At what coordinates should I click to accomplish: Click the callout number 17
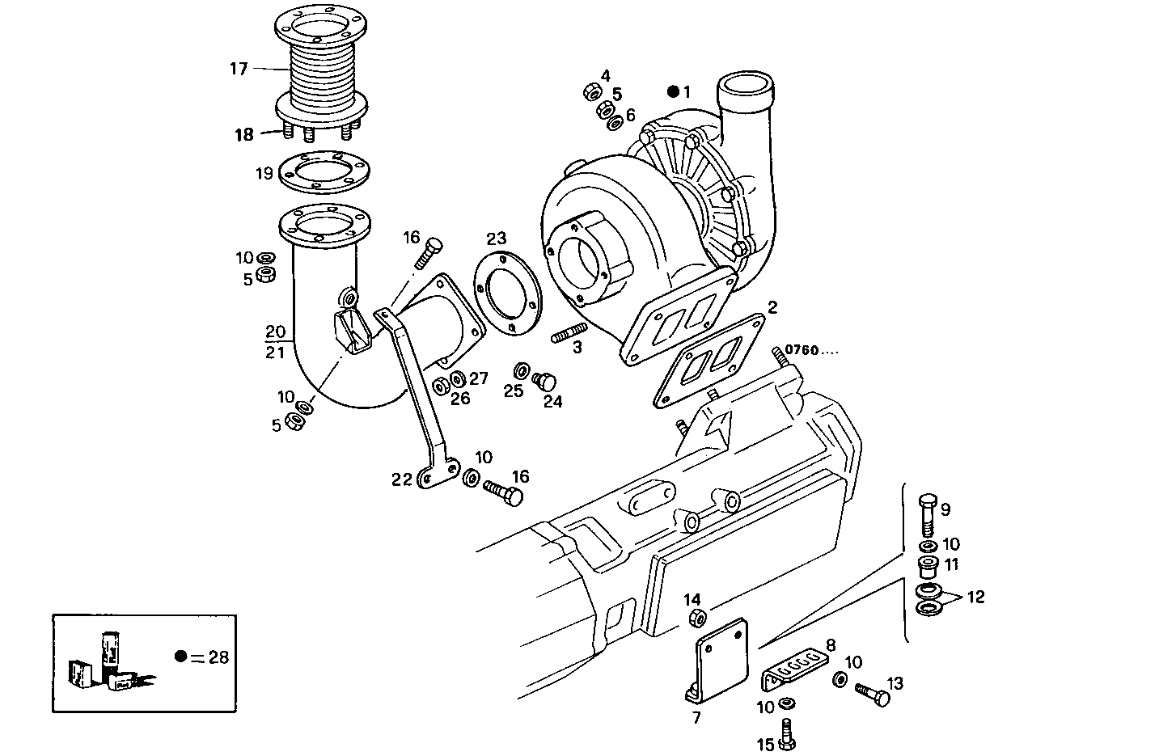point(238,69)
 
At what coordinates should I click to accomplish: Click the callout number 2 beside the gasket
point(772,306)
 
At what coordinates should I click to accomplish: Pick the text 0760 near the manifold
point(802,350)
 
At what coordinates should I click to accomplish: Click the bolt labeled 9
point(927,513)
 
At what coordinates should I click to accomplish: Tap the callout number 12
point(975,598)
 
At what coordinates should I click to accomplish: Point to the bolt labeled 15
point(787,733)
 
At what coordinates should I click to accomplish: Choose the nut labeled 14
point(697,619)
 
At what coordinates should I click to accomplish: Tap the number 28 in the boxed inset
point(218,657)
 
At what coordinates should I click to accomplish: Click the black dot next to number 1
point(673,92)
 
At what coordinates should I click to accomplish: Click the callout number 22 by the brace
point(402,479)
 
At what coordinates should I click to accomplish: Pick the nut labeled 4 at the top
point(590,91)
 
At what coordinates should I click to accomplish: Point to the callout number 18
point(244,134)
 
